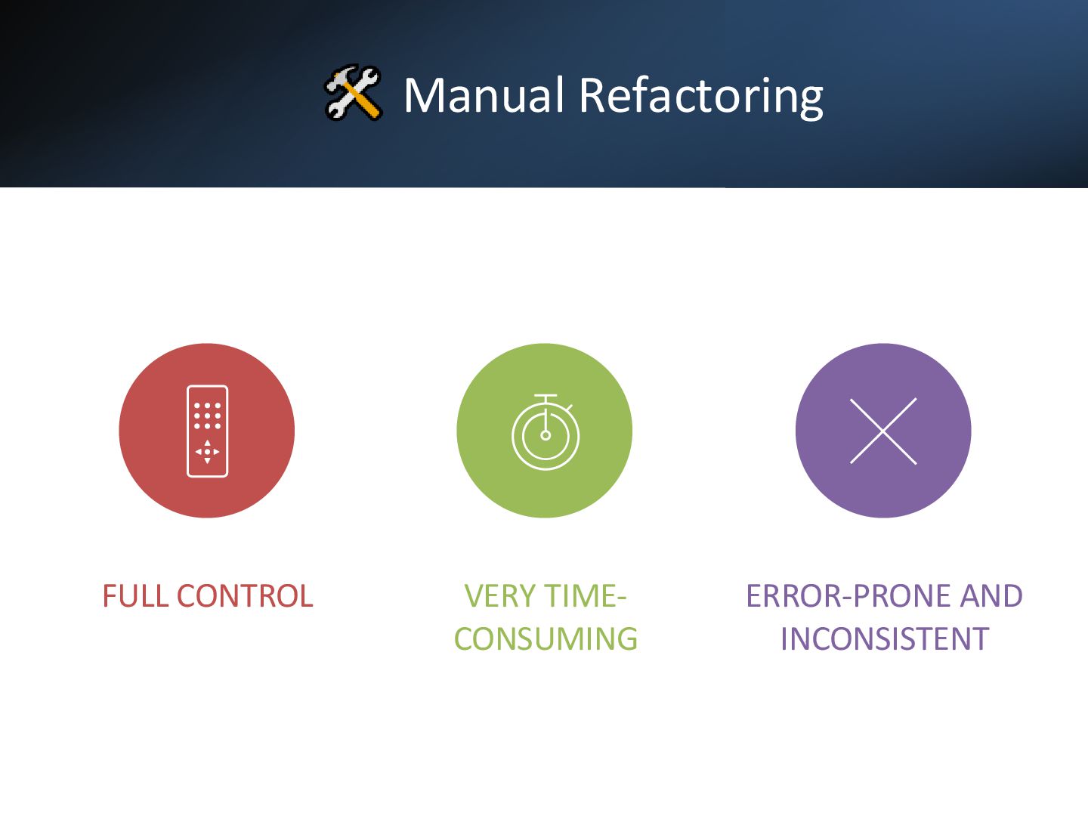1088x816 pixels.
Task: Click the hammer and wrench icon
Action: point(353,93)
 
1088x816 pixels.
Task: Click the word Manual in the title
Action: point(484,95)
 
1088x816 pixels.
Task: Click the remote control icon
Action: point(207,431)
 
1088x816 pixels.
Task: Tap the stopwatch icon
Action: point(546,433)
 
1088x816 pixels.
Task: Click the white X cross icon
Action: point(883,431)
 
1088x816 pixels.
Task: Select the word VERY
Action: point(499,596)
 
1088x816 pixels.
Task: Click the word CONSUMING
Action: point(546,639)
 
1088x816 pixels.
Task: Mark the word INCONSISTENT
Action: point(884,639)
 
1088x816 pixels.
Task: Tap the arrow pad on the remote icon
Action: point(207,452)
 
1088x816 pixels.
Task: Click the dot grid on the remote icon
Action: point(207,416)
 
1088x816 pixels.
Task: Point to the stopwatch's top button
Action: point(546,397)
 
